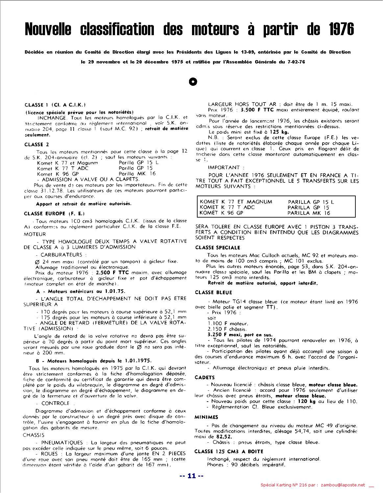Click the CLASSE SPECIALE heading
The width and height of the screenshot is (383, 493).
tap(218, 247)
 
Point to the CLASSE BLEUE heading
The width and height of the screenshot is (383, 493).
tap(213, 292)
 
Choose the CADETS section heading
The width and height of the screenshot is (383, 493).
tap(204, 377)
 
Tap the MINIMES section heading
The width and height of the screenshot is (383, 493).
tap(206, 417)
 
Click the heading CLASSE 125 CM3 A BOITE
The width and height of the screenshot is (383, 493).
tap(229, 451)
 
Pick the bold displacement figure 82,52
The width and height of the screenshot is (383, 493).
tap(224, 437)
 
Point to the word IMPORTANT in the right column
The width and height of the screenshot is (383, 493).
tap(224, 167)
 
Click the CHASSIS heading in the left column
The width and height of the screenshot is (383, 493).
tap(34, 435)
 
